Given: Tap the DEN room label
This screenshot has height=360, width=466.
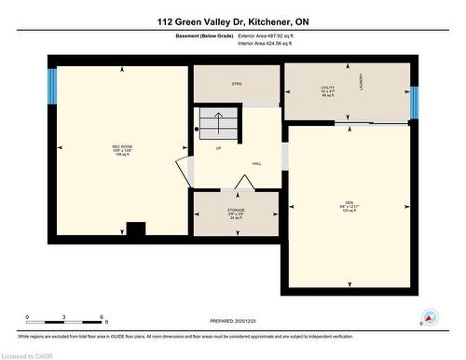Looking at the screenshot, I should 350,205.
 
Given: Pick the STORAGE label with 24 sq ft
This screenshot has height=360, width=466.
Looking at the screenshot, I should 236,212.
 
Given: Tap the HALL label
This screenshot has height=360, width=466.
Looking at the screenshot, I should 256,163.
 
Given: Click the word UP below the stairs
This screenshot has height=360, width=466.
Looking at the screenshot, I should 218,147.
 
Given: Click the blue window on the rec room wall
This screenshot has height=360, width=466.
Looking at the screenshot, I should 53,86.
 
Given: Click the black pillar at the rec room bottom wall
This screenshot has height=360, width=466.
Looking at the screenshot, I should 136,229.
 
